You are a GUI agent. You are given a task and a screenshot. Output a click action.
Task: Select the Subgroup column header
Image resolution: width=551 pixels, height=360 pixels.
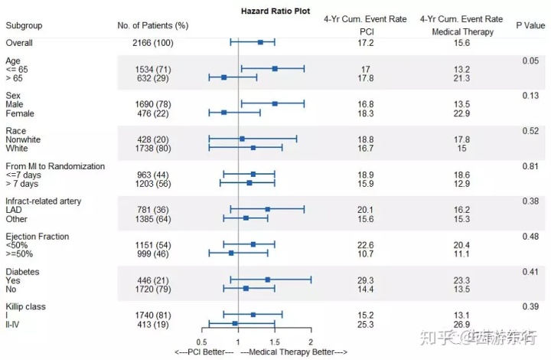tap(24, 26)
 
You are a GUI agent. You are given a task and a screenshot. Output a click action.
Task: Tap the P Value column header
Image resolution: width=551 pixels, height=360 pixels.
tap(529, 26)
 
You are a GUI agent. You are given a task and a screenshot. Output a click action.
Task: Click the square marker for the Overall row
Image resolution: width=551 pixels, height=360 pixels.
tap(260, 43)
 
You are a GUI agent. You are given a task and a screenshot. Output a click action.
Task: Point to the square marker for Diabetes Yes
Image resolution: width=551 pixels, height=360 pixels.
tap(267, 280)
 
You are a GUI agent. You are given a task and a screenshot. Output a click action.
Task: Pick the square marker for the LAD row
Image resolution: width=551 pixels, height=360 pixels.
tap(267, 209)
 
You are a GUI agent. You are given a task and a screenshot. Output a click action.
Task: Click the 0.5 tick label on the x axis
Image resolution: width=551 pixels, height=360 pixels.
tap(202, 342)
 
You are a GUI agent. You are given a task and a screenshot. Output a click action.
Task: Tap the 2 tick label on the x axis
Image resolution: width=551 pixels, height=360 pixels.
tap(311, 342)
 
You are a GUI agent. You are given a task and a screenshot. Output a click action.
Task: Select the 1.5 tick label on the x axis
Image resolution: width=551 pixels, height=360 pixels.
tap(274, 342)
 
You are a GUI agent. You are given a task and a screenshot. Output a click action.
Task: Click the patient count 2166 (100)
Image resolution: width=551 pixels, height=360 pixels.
tap(152, 43)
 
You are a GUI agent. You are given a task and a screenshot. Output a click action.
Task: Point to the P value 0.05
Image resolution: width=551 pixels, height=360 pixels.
tap(530, 61)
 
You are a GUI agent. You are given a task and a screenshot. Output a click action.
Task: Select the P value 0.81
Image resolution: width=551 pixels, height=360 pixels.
tap(530, 166)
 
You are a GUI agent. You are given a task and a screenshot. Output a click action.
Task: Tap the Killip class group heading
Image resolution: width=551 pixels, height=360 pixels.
tap(25, 306)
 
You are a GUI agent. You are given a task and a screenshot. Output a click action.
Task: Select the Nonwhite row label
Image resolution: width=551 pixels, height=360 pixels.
tap(24, 139)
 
